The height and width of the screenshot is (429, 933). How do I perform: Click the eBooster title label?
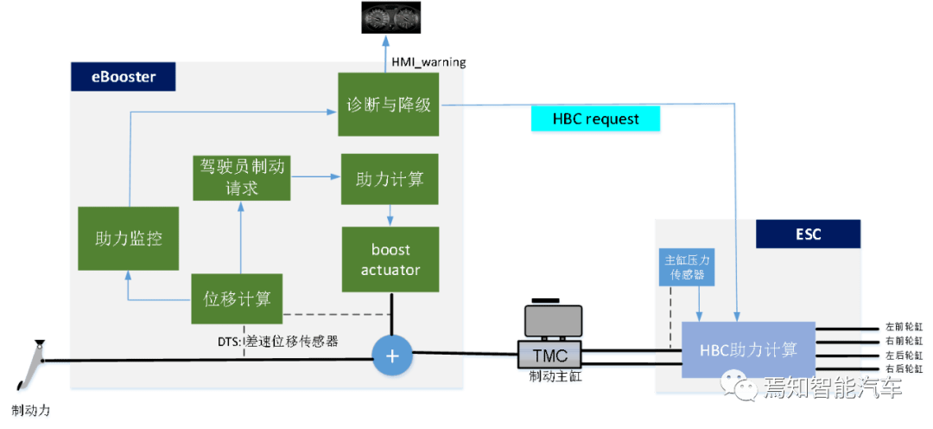tap(124, 77)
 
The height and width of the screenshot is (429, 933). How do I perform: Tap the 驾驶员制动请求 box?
tap(241, 177)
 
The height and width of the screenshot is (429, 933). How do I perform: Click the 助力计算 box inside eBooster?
tap(390, 179)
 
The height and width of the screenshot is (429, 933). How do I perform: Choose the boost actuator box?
tap(390, 259)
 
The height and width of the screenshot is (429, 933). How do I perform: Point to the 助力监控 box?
tap(129, 238)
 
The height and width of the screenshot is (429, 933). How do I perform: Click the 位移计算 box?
tap(237, 299)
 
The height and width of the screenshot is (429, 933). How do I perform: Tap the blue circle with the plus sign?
tap(392, 355)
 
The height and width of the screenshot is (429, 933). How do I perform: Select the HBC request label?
tap(596, 118)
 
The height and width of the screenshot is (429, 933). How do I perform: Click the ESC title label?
tap(809, 234)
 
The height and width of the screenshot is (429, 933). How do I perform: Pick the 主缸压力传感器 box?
tap(688, 267)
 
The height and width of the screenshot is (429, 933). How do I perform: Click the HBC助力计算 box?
tap(748, 349)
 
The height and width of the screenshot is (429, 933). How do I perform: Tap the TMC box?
tap(549, 354)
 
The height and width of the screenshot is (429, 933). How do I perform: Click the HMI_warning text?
tap(428, 62)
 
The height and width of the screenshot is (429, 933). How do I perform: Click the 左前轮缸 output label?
tap(904, 329)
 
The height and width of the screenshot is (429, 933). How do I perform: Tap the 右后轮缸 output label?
tap(904, 368)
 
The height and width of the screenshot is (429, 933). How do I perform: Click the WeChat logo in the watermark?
tap(739, 386)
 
